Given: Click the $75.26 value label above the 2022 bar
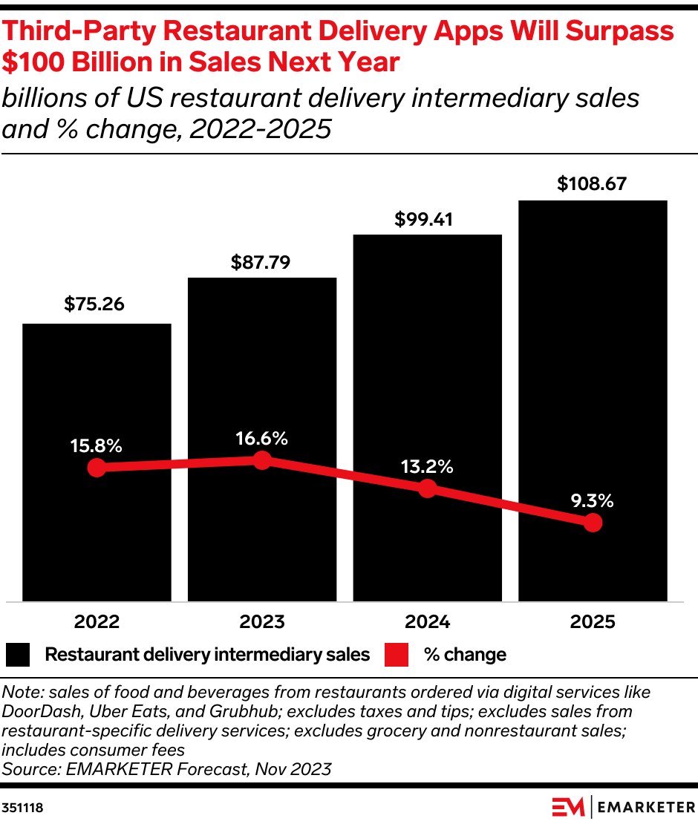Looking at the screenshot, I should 94,304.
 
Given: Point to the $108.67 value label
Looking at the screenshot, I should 592,184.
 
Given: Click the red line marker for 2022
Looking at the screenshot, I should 96,468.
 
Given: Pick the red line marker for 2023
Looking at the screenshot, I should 261,460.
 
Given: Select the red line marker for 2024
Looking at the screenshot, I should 427,488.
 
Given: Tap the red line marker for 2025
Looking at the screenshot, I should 592,523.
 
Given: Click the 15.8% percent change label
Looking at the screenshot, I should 96,446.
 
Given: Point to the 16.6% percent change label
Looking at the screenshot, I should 261,439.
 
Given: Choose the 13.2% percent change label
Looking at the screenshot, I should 427,467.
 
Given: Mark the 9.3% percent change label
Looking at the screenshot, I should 592,501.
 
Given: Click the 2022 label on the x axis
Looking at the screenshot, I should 96,622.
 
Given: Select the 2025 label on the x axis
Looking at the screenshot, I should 592,622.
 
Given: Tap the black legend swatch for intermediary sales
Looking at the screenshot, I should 18,655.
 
